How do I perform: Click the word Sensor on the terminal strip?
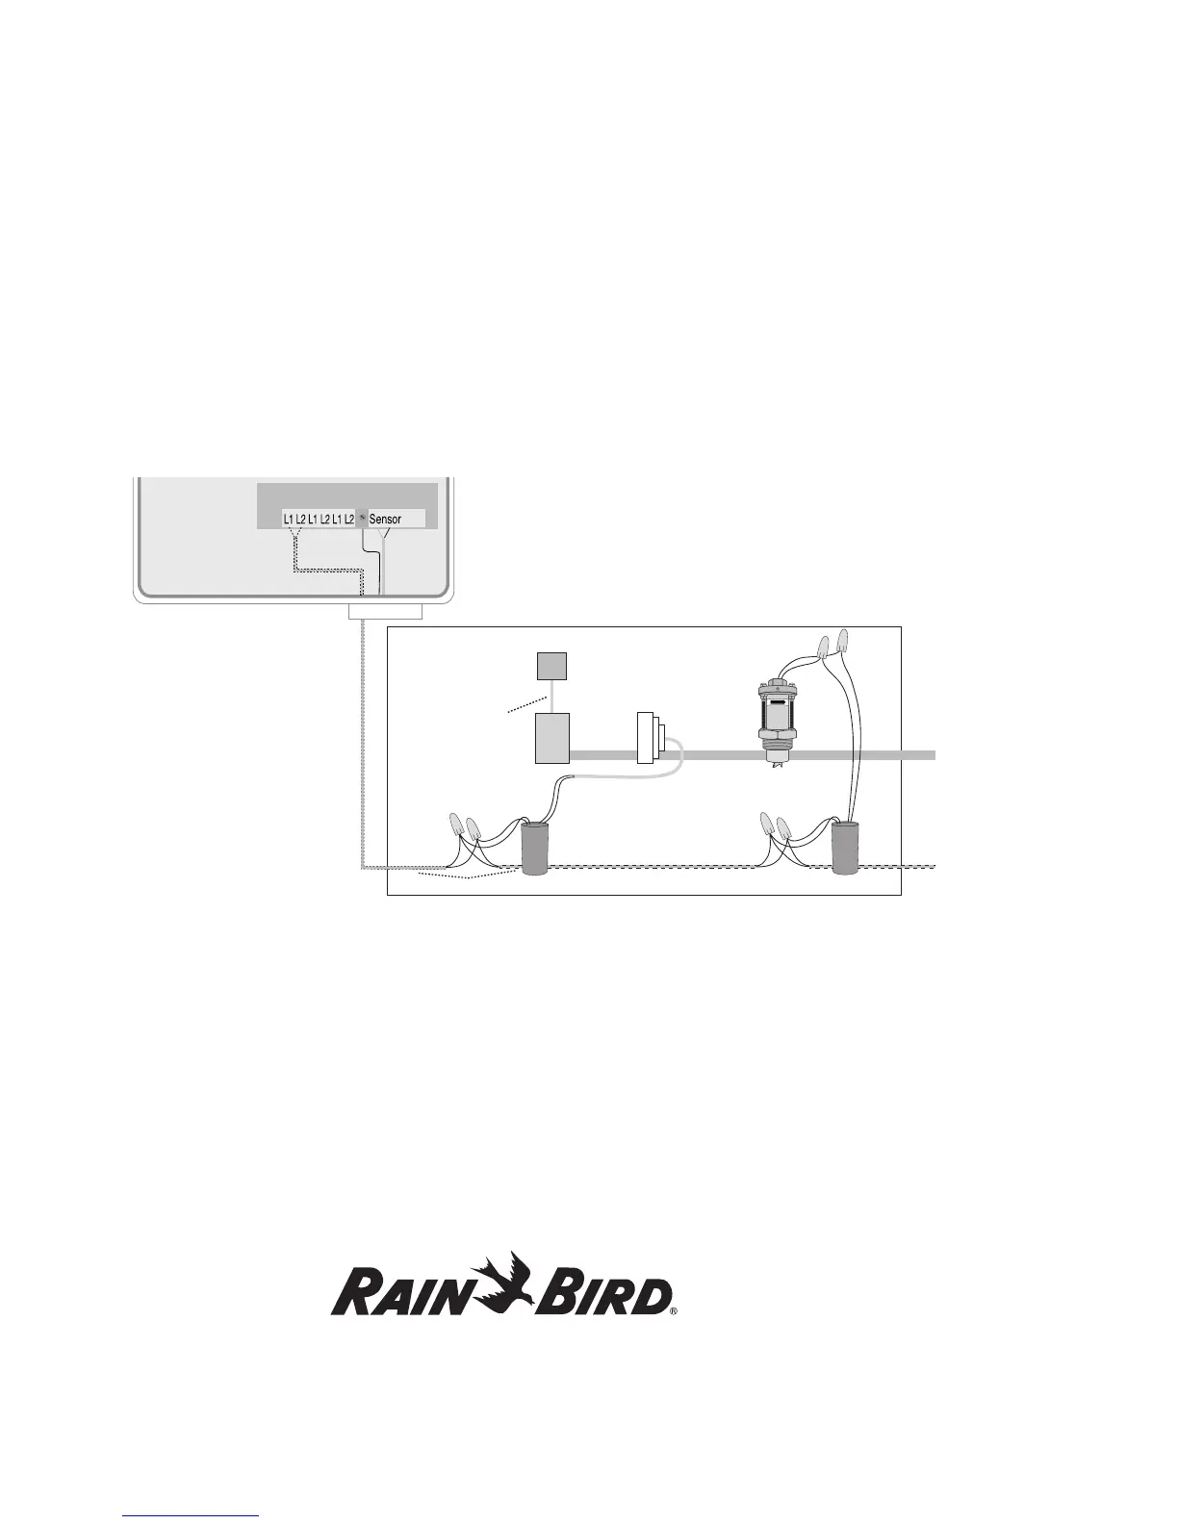click(x=385, y=520)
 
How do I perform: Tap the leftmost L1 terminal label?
click(x=289, y=520)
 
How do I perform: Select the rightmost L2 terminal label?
click(x=349, y=520)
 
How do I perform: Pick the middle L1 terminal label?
click(x=313, y=520)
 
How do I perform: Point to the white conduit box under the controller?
click(x=385, y=613)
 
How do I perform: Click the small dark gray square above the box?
click(x=551, y=666)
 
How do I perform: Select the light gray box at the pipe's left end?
click(x=552, y=738)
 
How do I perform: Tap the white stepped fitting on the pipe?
click(x=648, y=738)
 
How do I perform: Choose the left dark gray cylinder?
click(x=534, y=848)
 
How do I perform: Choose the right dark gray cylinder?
click(x=845, y=848)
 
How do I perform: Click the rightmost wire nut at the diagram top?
click(x=844, y=640)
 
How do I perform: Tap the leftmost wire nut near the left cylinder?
click(x=456, y=824)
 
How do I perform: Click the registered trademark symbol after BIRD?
click(x=675, y=1310)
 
